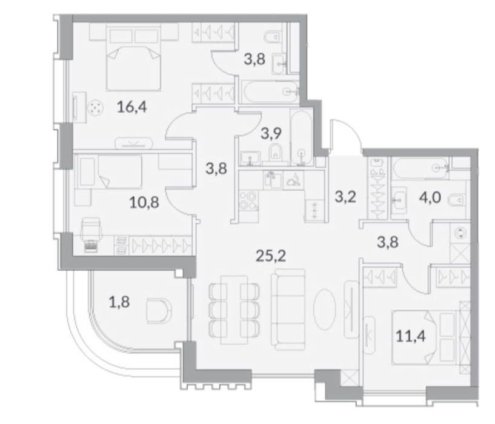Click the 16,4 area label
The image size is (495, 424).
[132, 107]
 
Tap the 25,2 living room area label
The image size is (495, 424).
[271, 256]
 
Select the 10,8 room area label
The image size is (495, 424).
[144, 202]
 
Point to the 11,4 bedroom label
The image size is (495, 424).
[411, 336]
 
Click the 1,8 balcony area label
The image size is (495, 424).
[119, 302]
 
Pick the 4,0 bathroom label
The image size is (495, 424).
[430, 197]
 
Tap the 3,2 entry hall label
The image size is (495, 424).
[345, 197]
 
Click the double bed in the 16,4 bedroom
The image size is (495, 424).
[133, 59]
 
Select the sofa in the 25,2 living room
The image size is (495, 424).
[288, 309]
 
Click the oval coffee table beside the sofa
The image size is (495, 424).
[324, 306]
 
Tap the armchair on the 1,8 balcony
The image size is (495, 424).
[159, 311]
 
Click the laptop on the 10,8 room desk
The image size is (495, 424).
[91, 246]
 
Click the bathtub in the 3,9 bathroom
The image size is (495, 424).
[302, 137]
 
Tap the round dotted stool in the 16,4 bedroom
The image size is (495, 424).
[96, 108]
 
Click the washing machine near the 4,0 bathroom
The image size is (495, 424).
[460, 233]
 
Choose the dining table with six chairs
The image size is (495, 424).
[234, 310]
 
